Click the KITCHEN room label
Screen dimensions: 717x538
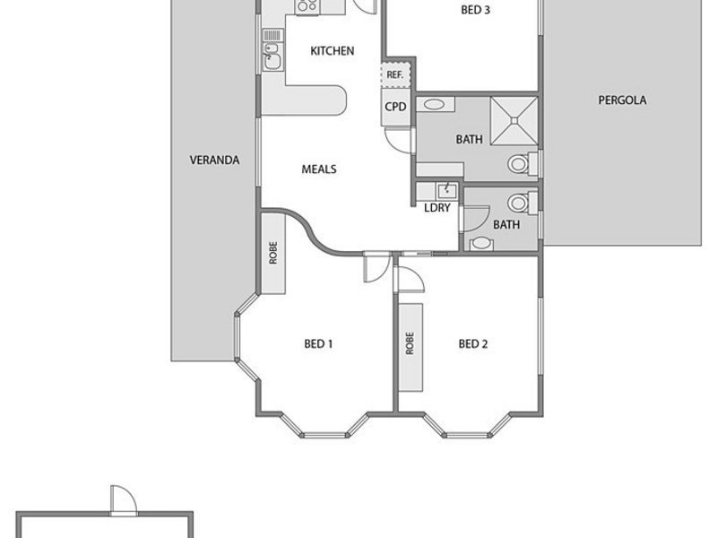click(332, 51)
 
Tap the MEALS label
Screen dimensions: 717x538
click(319, 169)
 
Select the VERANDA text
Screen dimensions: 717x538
click(214, 161)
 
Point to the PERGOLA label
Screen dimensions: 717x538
click(622, 100)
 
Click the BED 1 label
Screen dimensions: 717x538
click(318, 343)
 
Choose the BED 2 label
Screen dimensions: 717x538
click(473, 343)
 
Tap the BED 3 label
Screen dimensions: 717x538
click(476, 10)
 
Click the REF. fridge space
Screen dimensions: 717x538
click(395, 74)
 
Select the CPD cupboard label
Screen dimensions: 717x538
click(395, 107)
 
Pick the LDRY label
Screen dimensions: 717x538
click(437, 208)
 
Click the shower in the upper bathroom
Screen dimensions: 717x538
click(514, 121)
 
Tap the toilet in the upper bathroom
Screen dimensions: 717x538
click(523, 163)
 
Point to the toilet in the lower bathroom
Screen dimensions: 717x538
click(523, 203)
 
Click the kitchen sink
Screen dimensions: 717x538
click(272, 56)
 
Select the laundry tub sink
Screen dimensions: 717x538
click(445, 190)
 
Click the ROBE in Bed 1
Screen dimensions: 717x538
click(273, 253)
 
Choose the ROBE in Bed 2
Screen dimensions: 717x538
click(410, 347)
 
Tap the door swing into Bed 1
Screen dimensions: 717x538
click(376, 267)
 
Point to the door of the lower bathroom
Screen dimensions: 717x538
click(476, 219)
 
